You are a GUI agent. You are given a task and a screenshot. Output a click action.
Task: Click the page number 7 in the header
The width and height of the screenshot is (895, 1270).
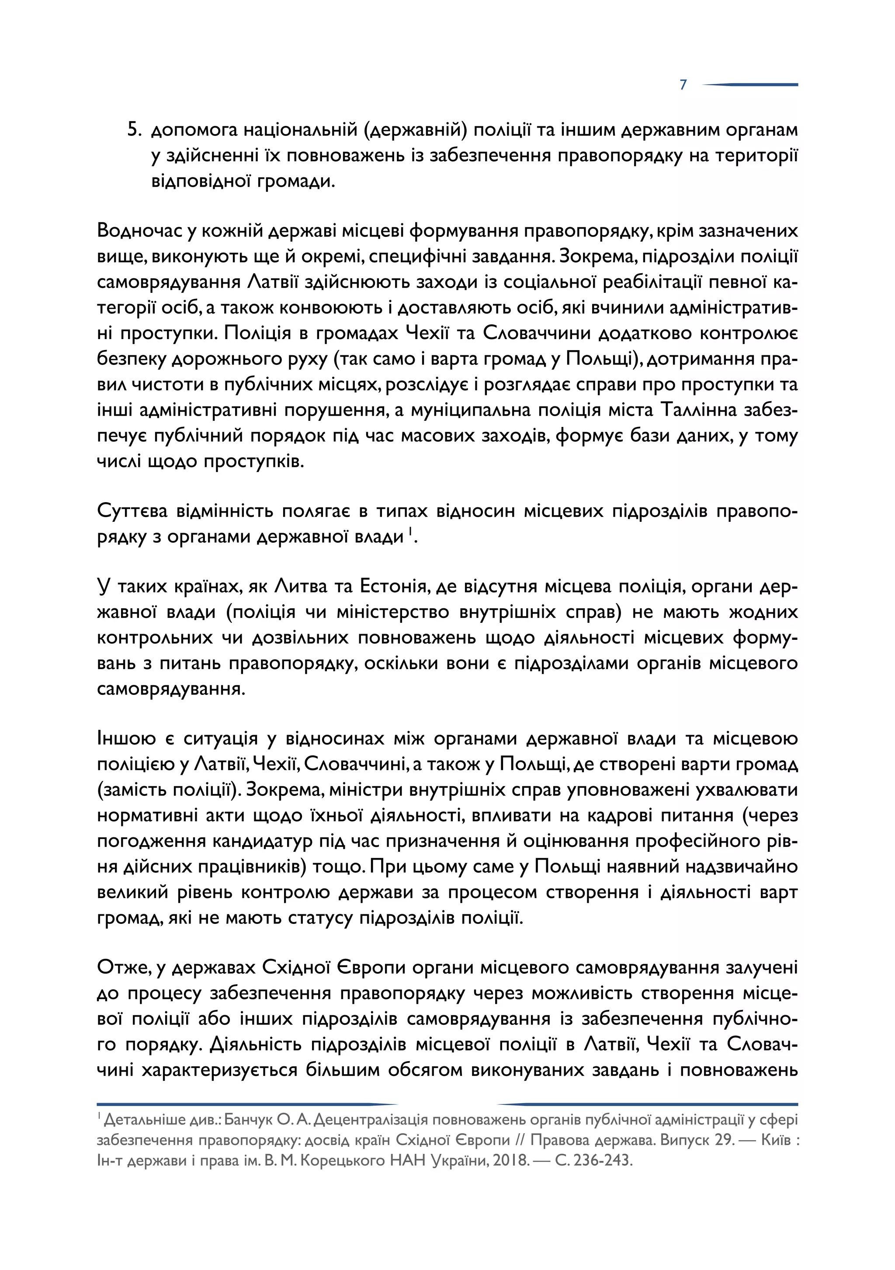pyautogui.click(x=683, y=85)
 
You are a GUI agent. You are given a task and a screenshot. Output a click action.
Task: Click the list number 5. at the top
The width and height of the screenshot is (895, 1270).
pyautogui.click(x=135, y=130)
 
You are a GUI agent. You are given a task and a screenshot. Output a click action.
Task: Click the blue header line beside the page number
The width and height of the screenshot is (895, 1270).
pyautogui.click(x=752, y=85)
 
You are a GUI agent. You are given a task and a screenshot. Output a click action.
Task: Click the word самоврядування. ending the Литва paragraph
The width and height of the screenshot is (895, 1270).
pyautogui.click(x=171, y=689)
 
